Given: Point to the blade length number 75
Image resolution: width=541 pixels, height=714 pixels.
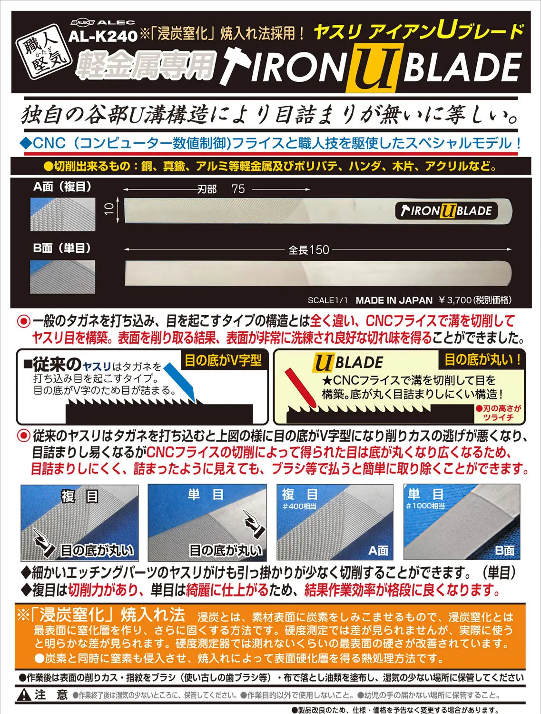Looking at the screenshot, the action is tap(238, 189).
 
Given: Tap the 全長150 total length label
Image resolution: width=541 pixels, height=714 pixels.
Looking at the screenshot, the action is tap(308, 250).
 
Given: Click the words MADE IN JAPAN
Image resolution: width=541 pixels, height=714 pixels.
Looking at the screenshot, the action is tap(394, 300).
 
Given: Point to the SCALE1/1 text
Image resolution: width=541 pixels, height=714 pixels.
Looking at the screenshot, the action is tap(327, 300).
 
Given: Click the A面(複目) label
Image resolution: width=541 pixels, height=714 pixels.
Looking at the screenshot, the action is tap(62, 187).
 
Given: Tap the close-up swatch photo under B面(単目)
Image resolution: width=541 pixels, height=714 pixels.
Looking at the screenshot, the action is tap(63, 277).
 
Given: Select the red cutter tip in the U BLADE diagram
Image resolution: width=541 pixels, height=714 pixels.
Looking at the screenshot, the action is tap(299, 388).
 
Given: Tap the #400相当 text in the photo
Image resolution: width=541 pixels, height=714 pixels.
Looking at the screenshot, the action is tap(299, 506).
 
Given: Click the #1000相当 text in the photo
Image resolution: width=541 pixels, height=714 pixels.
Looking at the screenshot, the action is tap(425, 506).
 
